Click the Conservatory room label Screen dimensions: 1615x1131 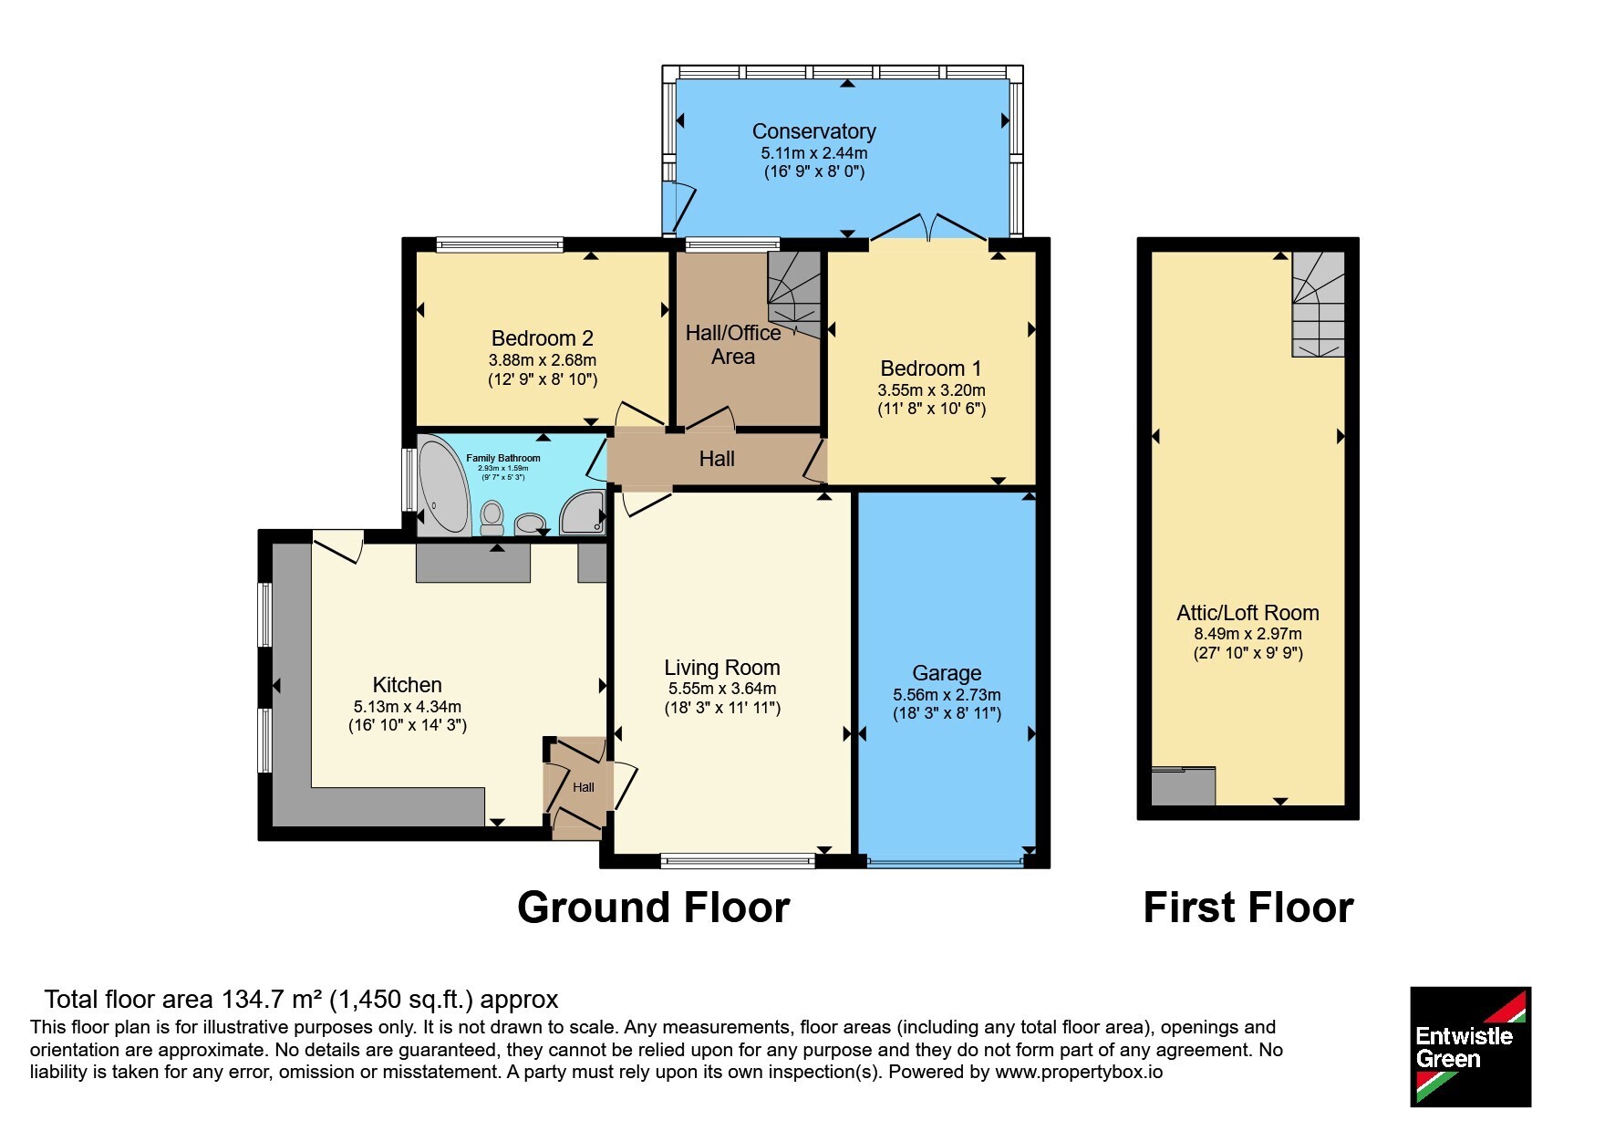(813, 131)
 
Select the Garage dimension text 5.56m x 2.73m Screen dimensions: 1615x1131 (947, 695)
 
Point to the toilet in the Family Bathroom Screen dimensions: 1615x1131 (492, 517)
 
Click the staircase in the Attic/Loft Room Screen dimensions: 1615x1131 (1318, 304)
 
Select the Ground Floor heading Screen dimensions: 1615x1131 (653, 908)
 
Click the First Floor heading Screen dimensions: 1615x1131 (1248, 908)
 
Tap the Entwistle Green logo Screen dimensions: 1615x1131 (1470, 1047)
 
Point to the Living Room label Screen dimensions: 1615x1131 (721, 668)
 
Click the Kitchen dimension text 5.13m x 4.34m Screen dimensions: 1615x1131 (408, 707)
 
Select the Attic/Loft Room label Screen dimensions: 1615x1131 (1247, 613)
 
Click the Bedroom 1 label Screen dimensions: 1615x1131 (931, 368)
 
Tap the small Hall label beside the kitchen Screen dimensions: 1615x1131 (584, 787)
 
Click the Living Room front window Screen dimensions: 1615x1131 (738, 859)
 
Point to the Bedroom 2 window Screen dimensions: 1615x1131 (500, 244)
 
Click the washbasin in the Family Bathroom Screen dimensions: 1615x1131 (530, 524)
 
